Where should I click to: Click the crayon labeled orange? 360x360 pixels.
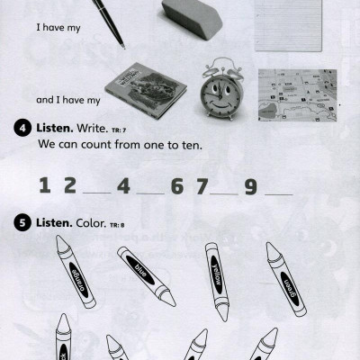(76, 272)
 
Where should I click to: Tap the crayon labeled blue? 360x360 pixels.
(146, 275)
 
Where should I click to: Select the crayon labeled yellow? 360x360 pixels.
(217, 281)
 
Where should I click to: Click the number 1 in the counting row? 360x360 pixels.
(44, 186)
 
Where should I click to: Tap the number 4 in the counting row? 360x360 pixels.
(123, 186)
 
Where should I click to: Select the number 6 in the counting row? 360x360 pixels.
(177, 186)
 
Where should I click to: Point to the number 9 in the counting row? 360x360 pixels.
(250, 186)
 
